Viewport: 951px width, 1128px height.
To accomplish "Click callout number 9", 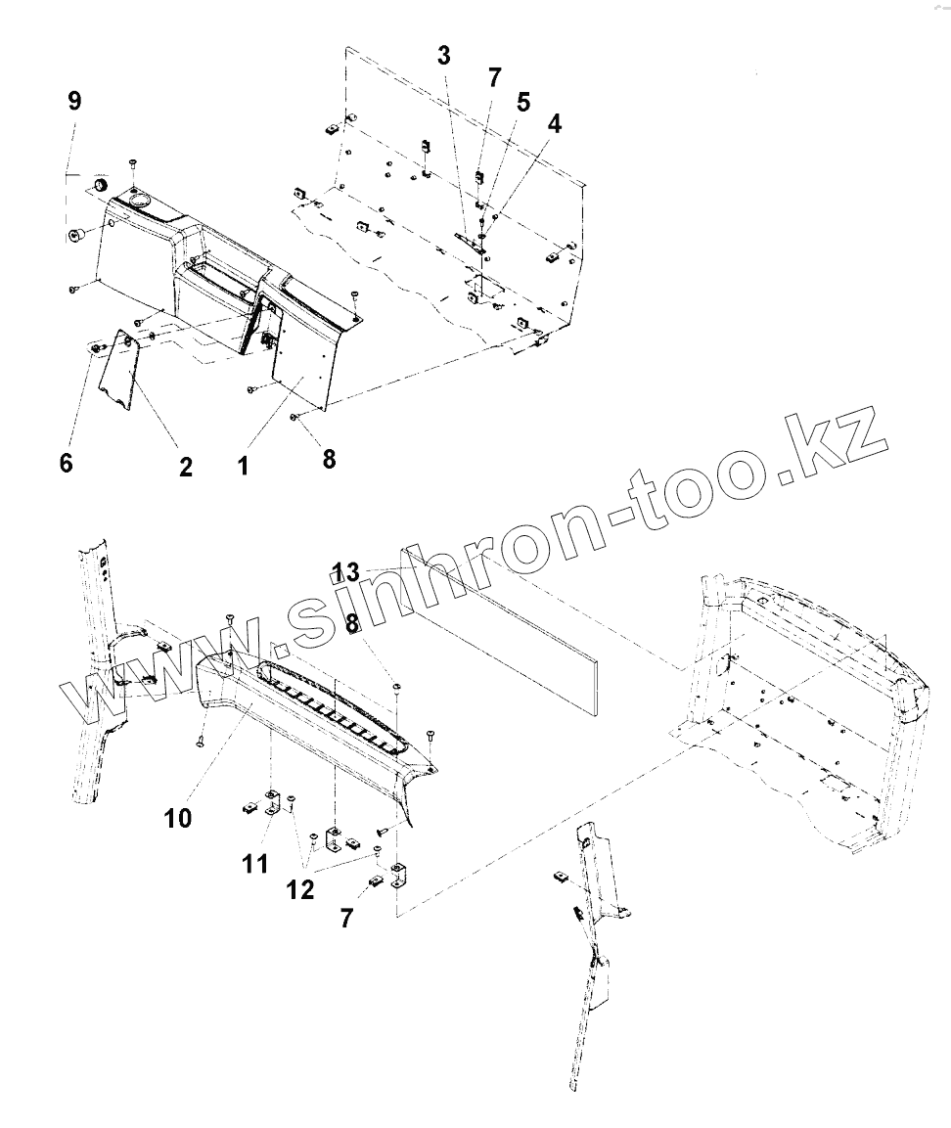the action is [x=75, y=101].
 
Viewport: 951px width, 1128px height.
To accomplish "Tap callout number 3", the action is [x=444, y=55].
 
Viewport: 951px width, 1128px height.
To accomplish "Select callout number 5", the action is [x=523, y=101].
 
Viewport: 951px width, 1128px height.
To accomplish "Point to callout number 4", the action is [x=555, y=124].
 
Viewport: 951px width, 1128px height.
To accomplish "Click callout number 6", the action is [x=66, y=462].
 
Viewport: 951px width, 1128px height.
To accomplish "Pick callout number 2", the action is [x=185, y=467].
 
